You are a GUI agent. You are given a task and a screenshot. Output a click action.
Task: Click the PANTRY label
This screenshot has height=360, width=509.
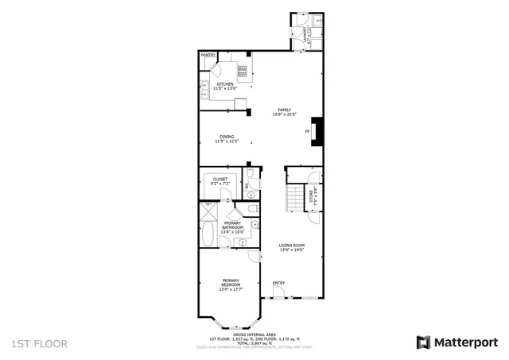[208, 56]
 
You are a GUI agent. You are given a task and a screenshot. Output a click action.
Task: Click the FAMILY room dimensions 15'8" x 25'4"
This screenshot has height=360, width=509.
[284, 114]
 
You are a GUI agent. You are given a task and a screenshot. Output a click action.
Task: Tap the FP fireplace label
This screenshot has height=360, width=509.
[307, 131]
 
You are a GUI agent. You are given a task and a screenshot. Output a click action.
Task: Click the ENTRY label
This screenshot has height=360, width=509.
[278, 283]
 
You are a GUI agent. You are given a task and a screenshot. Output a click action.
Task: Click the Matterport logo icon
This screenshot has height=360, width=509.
[423, 342]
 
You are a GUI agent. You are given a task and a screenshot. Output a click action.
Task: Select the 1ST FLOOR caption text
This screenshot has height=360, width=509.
[40, 343]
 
